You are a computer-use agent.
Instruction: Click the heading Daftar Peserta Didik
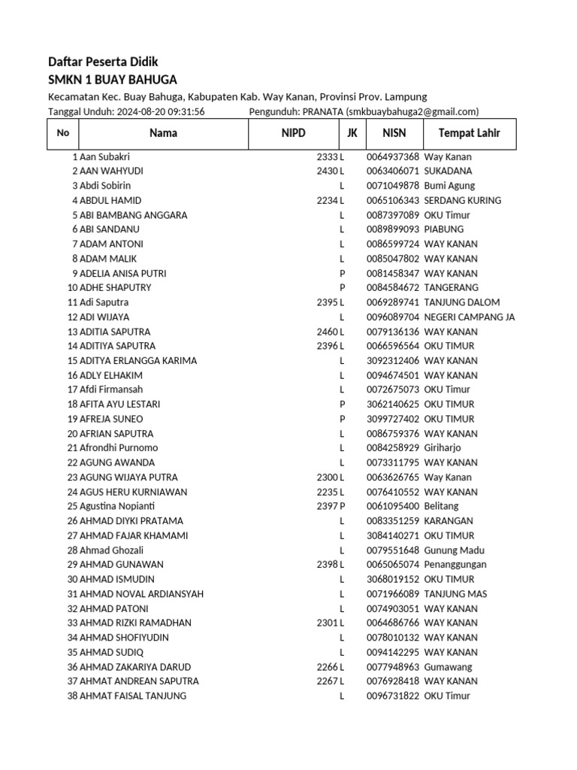(103, 62)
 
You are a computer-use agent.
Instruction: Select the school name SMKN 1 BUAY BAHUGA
(113, 80)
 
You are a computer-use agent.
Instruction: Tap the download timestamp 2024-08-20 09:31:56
(160, 111)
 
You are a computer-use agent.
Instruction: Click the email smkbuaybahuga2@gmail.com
(412, 111)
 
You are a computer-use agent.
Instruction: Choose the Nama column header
(163, 133)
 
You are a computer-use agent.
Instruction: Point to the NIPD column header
(294, 133)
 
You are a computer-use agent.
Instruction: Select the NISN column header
(394, 133)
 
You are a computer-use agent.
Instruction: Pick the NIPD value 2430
(328, 171)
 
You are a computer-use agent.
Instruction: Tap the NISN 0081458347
(393, 273)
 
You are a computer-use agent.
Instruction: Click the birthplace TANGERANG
(451, 287)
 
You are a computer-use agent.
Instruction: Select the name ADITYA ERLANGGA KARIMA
(138, 360)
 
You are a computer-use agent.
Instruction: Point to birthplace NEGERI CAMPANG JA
(470, 317)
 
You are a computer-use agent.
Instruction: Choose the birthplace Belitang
(441, 506)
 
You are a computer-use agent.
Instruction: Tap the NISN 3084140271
(393, 535)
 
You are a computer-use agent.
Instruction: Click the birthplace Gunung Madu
(454, 550)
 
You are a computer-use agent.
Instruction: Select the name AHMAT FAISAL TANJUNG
(133, 696)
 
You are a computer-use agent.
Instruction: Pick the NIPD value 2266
(328, 666)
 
